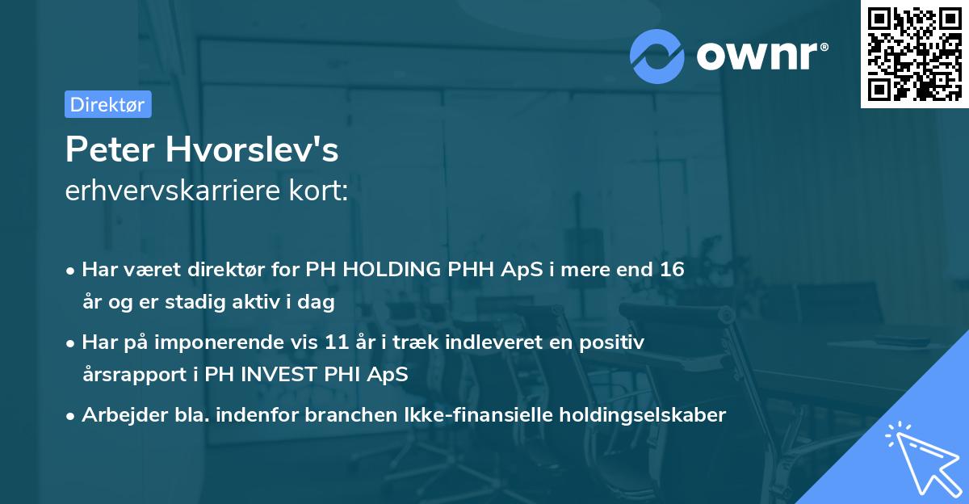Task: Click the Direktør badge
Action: (107, 104)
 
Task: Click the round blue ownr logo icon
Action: (656, 56)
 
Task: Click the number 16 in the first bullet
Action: (672, 270)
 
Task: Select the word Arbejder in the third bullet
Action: (117, 415)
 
